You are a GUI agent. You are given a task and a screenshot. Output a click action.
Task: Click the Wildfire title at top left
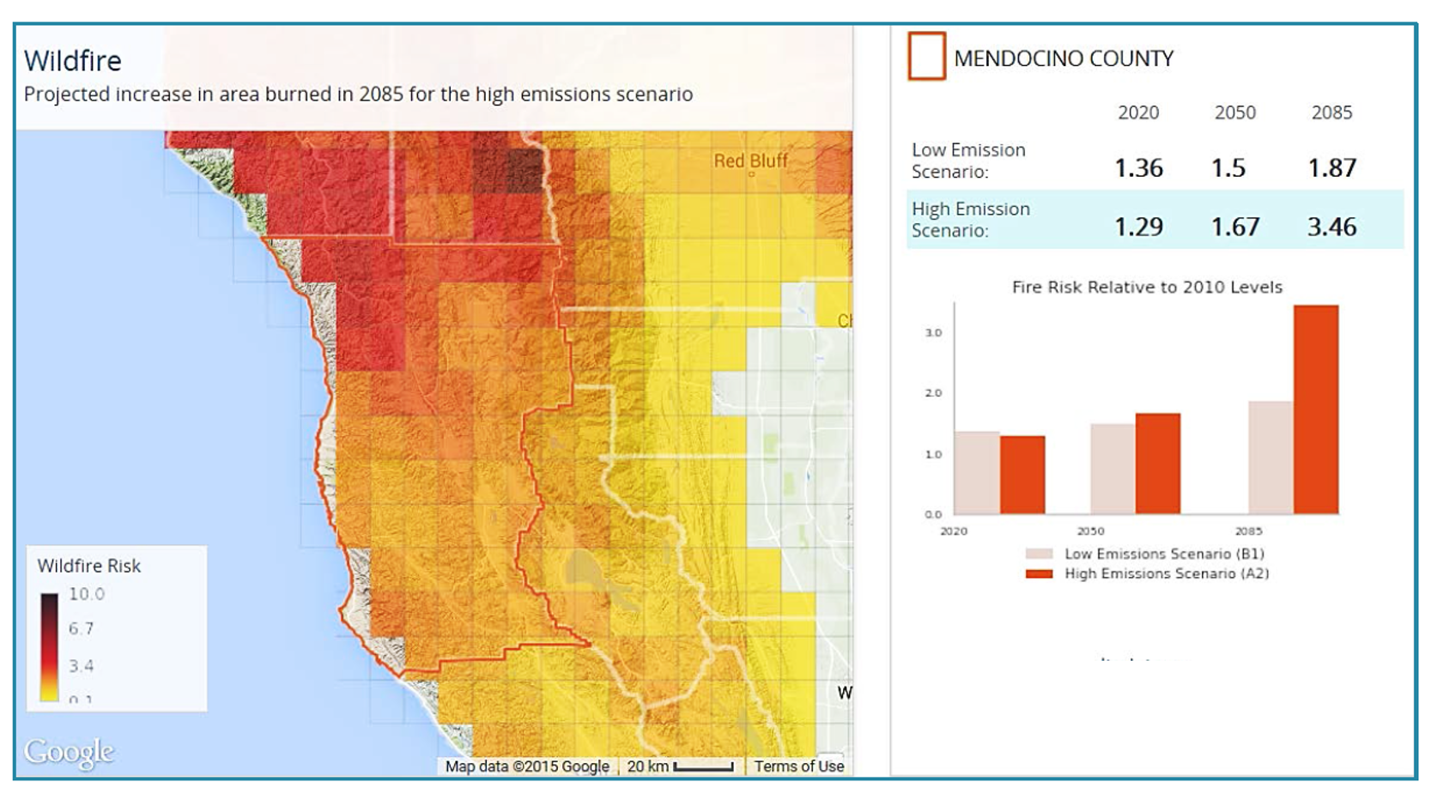[x=73, y=61]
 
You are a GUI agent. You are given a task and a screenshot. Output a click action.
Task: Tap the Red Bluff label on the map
[x=750, y=161]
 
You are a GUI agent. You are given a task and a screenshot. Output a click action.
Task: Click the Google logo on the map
[x=69, y=752]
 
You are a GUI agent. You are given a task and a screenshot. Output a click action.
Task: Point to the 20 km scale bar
[x=703, y=767]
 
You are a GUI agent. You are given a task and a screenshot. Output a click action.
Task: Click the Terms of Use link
[x=798, y=767]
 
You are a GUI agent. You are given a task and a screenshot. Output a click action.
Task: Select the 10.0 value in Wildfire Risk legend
[x=87, y=594]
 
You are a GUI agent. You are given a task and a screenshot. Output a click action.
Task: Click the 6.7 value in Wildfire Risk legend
[x=82, y=628]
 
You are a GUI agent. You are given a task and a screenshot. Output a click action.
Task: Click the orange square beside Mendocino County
[x=927, y=57]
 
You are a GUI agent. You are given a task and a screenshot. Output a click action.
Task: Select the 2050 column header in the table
[x=1234, y=112]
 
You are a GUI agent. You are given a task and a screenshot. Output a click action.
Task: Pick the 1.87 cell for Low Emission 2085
[x=1331, y=168]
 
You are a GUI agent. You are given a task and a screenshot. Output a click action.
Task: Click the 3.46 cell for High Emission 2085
[x=1331, y=227]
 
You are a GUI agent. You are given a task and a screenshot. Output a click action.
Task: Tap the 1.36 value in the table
[x=1138, y=168]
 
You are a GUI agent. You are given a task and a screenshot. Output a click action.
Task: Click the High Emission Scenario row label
[x=970, y=220]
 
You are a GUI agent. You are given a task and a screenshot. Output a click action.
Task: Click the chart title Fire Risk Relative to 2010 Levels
[x=1147, y=288]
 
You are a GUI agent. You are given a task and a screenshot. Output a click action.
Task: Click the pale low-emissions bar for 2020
[x=977, y=473]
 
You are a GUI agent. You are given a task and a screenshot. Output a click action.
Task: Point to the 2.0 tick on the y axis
[x=933, y=393]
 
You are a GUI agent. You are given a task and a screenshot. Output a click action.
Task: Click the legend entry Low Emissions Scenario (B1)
[x=1163, y=554]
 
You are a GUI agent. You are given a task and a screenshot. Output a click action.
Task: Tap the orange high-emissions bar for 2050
[x=1157, y=464]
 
